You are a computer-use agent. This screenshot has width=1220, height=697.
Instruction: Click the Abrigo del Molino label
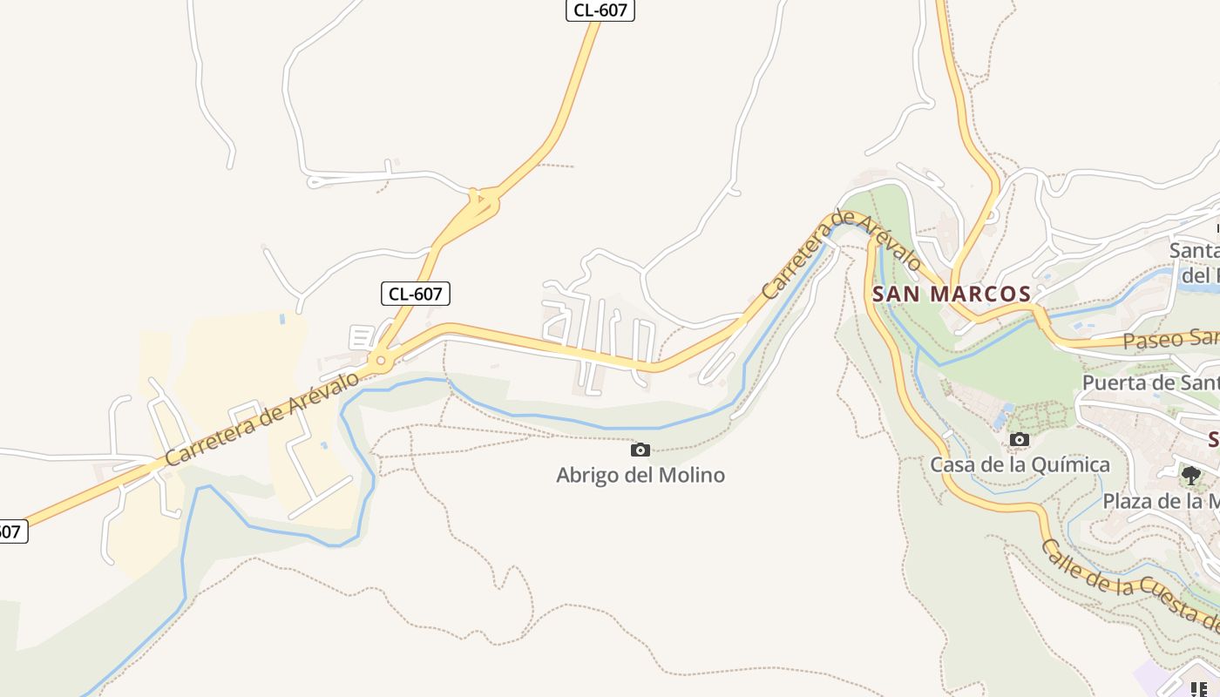[x=640, y=476]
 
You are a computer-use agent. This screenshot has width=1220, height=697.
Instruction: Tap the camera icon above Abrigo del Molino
[x=640, y=450]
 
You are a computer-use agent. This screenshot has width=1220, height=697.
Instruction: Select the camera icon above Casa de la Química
[x=1020, y=440]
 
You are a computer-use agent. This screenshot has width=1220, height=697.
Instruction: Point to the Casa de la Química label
[x=1020, y=464]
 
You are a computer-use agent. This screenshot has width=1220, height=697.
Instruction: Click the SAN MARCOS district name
[x=952, y=294]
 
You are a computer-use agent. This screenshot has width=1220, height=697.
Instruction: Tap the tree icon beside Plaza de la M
[x=1190, y=476]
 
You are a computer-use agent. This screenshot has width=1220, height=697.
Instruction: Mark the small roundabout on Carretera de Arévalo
[x=381, y=360]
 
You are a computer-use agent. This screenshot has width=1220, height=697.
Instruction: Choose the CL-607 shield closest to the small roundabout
[x=415, y=294]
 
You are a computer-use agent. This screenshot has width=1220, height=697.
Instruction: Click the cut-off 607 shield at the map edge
[x=10, y=531]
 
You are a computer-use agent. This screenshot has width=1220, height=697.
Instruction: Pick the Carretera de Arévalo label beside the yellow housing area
[x=261, y=419]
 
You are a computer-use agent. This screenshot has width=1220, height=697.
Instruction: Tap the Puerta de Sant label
[x=1150, y=383]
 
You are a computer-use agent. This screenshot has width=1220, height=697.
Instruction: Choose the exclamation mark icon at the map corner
[x=1203, y=689]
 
